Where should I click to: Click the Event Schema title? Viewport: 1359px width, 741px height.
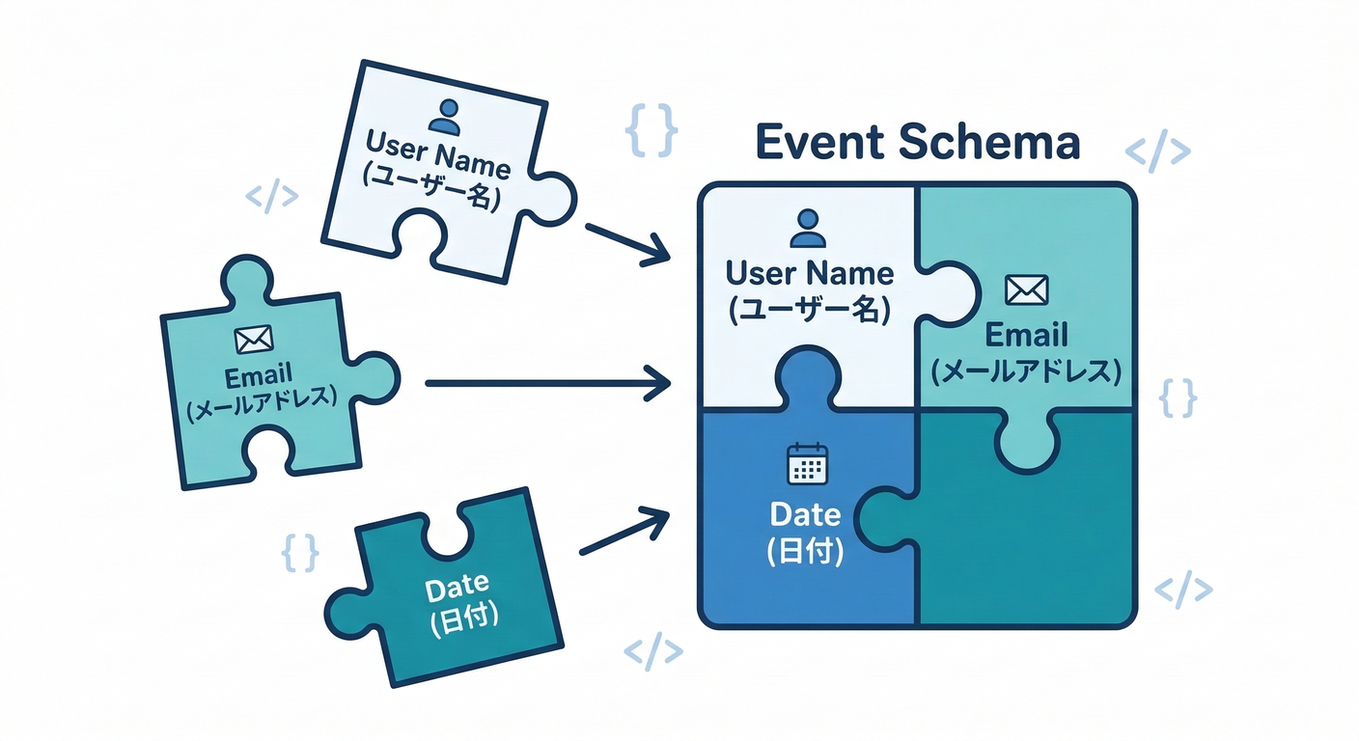coord(916,144)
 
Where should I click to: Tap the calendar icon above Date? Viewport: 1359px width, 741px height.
coord(808,464)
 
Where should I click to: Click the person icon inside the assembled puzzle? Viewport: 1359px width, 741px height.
coord(808,228)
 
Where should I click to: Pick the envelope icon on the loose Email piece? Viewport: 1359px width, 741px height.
coord(254,339)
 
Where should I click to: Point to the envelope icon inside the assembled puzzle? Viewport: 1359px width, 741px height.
coord(1026,288)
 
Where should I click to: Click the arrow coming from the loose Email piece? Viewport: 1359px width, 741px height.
coord(547,384)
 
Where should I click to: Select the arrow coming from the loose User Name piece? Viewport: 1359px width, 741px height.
coord(626,243)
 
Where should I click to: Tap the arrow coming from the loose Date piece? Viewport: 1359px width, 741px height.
coord(624,532)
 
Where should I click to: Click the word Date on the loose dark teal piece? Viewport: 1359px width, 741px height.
coord(457,585)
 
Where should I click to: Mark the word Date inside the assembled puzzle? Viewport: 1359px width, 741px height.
coord(805,514)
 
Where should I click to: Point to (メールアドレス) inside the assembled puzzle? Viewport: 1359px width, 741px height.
coord(1026,371)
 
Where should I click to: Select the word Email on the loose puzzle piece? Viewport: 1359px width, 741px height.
coord(258,375)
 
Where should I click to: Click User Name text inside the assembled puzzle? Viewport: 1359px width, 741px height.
coord(810,273)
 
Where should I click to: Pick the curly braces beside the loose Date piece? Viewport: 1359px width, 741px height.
coord(299,552)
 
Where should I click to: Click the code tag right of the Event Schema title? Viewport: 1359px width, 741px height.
coord(1158,152)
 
